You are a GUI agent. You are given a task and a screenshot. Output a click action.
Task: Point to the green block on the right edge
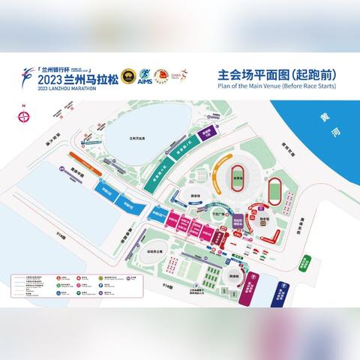tap(307, 263)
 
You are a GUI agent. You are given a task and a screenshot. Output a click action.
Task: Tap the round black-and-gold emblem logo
tap(127, 78)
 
